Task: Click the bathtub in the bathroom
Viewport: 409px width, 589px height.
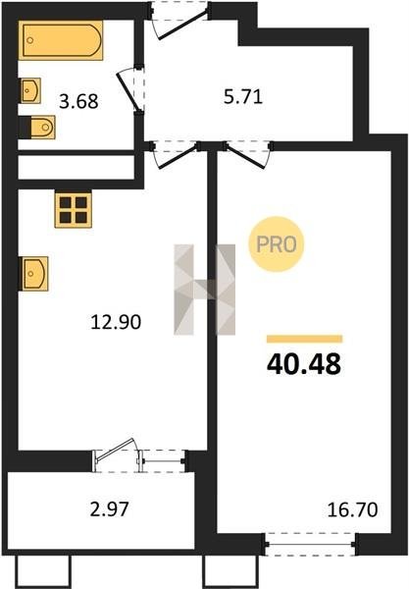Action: pos(61,40)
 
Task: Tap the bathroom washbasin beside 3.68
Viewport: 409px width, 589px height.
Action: pos(30,90)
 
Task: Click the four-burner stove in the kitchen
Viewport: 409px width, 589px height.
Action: pos(74,210)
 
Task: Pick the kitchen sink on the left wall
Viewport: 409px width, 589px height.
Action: pos(33,274)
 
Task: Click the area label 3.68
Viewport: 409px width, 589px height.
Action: pos(78,101)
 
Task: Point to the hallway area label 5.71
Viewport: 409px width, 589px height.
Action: pos(243,97)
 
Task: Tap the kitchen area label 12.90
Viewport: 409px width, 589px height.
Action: pos(116,322)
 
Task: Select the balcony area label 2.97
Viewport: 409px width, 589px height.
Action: pos(110,509)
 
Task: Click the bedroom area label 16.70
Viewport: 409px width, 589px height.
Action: pos(352,509)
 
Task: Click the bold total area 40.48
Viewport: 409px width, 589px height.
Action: pos(303,364)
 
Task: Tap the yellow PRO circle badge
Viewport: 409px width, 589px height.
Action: pos(276,244)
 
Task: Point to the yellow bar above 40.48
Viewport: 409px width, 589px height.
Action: pos(304,339)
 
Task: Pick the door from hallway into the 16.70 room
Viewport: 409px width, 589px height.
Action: pos(248,154)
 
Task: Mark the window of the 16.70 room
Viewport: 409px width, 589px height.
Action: pos(310,544)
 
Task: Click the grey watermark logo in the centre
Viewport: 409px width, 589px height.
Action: pos(204,290)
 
